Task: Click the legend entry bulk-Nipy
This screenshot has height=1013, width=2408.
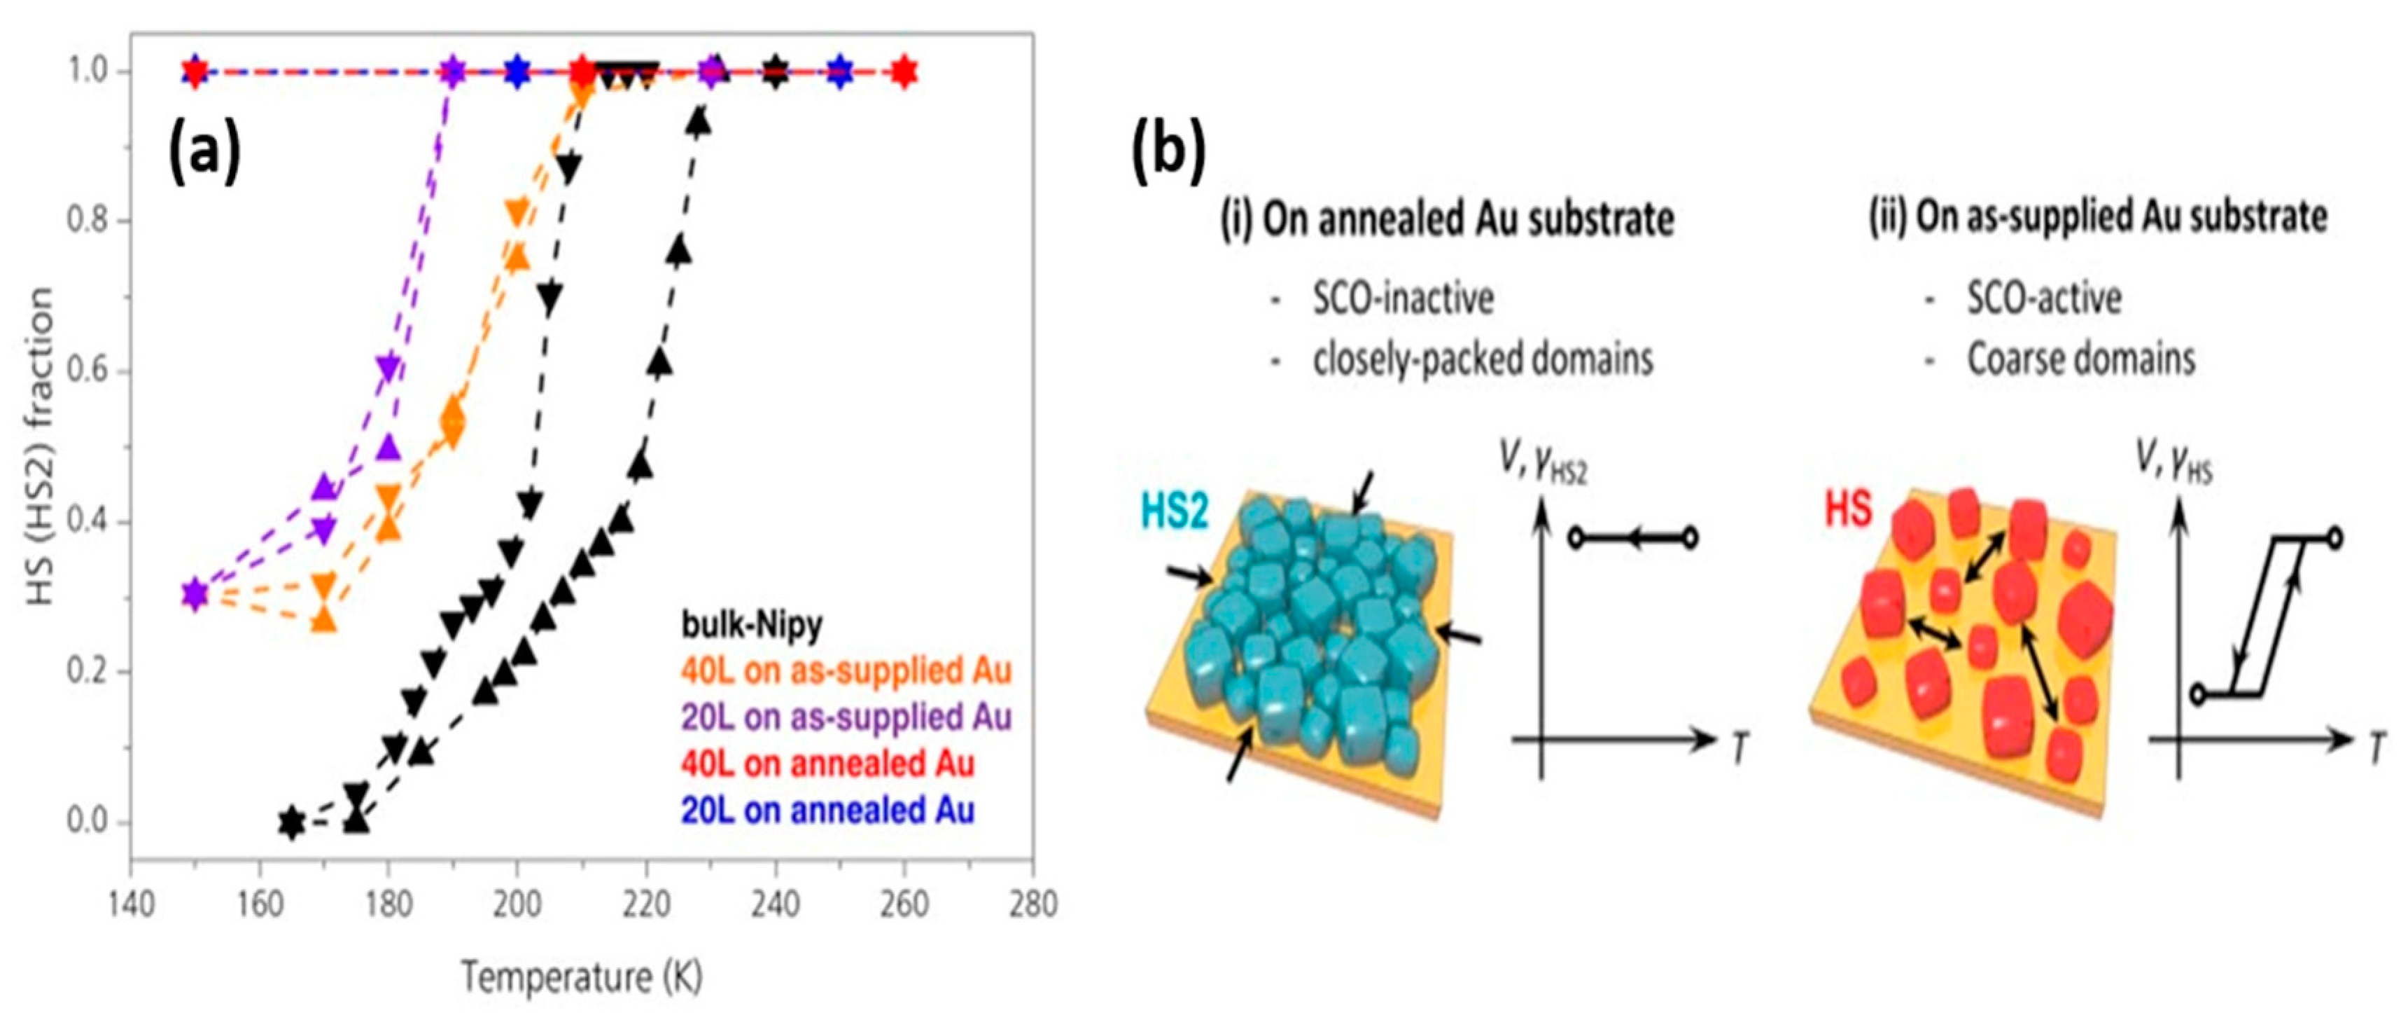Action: (x=752, y=624)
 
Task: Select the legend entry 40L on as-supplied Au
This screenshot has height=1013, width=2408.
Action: (x=846, y=670)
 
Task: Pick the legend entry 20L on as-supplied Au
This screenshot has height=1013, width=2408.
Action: (x=846, y=717)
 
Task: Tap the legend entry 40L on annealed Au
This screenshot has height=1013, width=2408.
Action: (x=827, y=764)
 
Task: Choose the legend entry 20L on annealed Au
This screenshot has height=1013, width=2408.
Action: (x=827, y=810)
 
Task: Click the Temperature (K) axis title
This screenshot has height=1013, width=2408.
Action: (x=582, y=977)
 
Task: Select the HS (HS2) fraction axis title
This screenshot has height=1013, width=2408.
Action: (x=39, y=446)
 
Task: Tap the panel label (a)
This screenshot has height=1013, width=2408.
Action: (x=204, y=153)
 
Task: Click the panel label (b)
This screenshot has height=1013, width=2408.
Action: (x=1168, y=153)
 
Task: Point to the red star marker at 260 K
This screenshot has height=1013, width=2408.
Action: (x=903, y=72)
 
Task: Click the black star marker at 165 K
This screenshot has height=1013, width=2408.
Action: (x=292, y=822)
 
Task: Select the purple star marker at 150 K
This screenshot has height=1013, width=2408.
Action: (x=195, y=593)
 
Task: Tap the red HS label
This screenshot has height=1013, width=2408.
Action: (x=1848, y=510)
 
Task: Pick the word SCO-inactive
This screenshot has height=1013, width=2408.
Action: (x=1403, y=298)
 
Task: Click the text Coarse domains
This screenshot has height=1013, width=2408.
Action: (x=2081, y=359)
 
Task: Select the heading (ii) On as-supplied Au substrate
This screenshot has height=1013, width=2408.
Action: (x=2096, y=217)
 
